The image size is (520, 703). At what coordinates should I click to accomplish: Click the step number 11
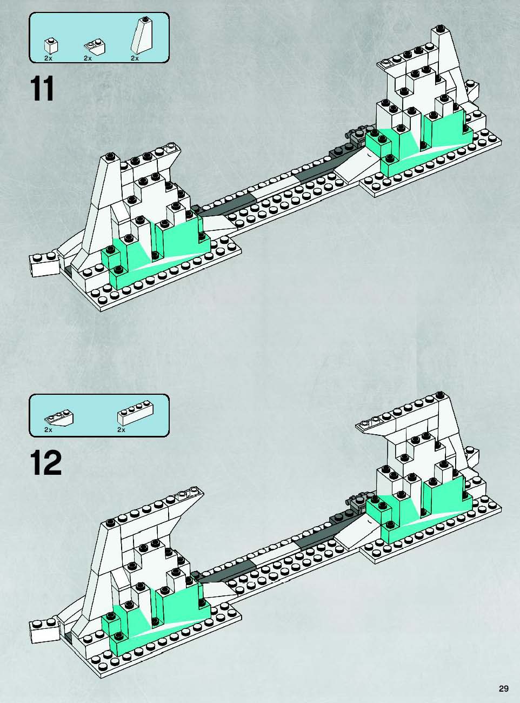pyautogui.click(x=42, y=89)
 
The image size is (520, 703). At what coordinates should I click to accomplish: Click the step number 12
pyautogui.click(x=46, y=463)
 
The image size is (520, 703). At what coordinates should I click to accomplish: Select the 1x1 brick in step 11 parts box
pyautogui.click(x=51, y=47)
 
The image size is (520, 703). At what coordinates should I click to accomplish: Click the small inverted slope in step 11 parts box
pyautogui.click(x=95, y=47)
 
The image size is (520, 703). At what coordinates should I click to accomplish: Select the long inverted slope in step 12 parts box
pyautogui.click(x=59, y=417)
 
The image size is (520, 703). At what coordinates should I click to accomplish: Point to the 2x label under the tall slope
pyautogui.click(x=135, y=58)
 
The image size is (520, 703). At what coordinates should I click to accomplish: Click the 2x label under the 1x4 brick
pyautogui.click(x=122, y=430)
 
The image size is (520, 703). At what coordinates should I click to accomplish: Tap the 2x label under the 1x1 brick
pyautogui.click(x=48, y=58)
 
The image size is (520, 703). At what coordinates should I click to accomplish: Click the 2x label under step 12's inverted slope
pyautogui.click(x=48, y=430)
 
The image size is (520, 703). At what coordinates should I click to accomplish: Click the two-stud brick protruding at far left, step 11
pyautogui.click(x=44, y=264)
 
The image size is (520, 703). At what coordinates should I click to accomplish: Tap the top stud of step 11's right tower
pyautogui.click(x=439, y=29)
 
